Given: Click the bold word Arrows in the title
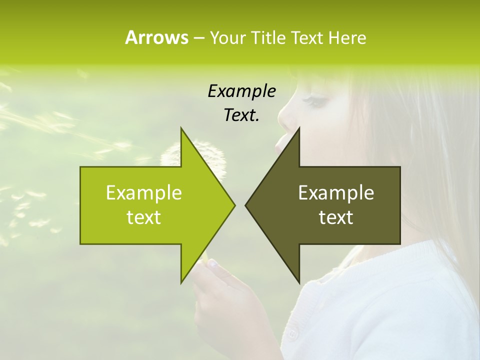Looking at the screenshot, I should point(156,37).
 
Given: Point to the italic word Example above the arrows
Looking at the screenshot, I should point(242,91).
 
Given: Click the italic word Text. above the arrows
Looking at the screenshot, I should point(242,115).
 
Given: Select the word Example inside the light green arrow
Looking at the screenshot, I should point(144,193).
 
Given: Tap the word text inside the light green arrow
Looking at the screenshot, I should point(144,217).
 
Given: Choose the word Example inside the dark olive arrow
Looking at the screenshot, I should point(336,193).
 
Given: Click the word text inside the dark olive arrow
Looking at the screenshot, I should point(336,217).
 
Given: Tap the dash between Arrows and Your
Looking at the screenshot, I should point(198,38).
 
